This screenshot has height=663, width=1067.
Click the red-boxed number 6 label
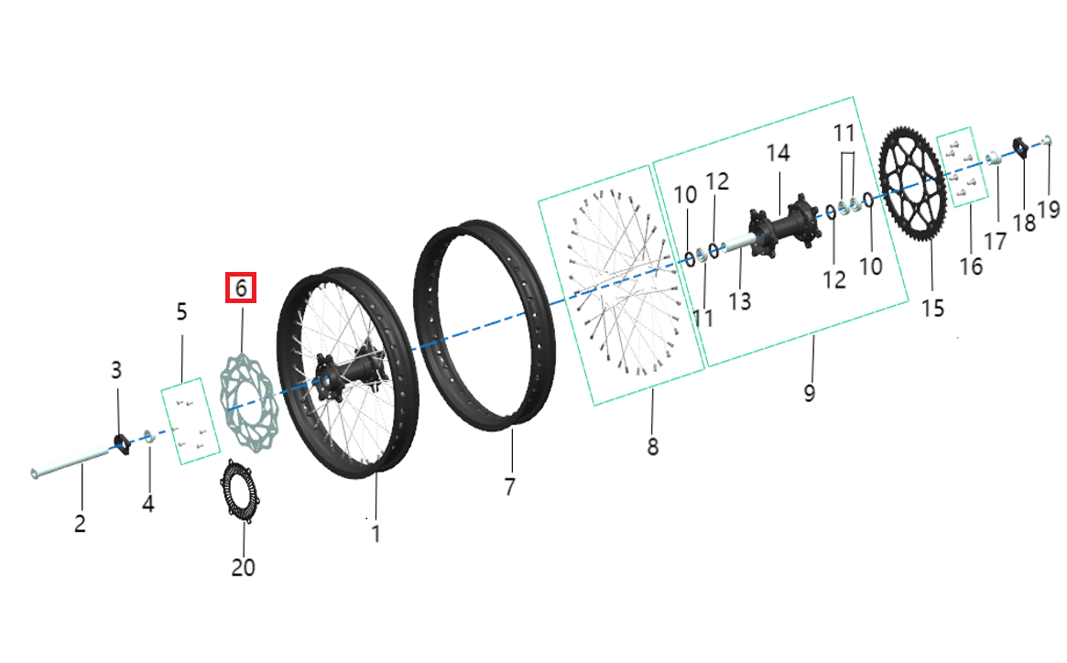pyautogui.click(x=241, y=288)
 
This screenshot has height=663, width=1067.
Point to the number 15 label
pyautogui.click(x=932, y=308)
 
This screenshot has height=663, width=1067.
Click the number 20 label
pyautogui.click(x=243, y=568)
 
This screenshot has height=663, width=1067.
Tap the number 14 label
pyautogui.click(x=778, y=153)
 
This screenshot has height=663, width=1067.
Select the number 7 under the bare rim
pyautogui.click(x=510, y=485)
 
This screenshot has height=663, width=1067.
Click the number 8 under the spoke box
pyautogui.click(x=652, y=447)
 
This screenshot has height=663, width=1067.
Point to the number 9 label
pyautogui.click(x=810, y=393)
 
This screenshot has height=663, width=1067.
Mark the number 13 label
pyautogui.click(x=739, y=300)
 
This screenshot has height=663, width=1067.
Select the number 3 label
pyautogui.click(x=116, y=370)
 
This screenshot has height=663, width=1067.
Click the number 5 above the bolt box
pyautogui.click(x=181, y=312)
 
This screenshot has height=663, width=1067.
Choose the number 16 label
pyautogui.click(x=971, y=266)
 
